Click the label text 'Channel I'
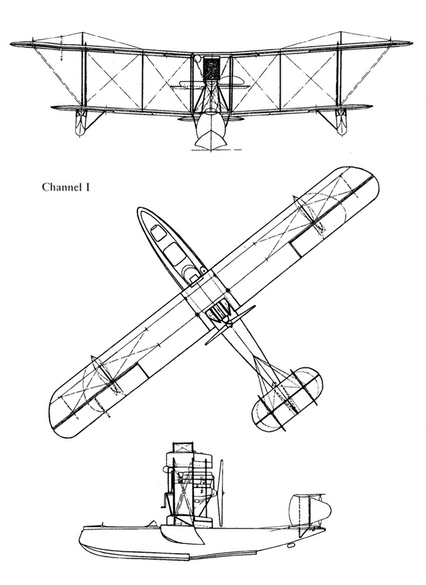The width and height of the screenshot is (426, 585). click(x=66, y=188)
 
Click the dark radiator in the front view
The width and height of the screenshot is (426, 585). click(x=211, y=69)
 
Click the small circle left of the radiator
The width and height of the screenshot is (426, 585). click(x=198, y=58)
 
